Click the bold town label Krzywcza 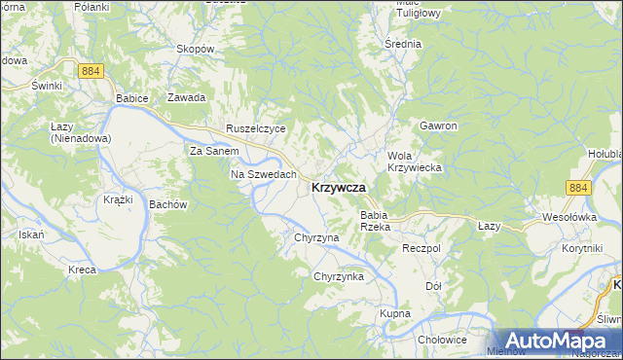pos(339,188)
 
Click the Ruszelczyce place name pos(255,127)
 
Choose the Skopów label pos(195,48)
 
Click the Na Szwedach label pos(263,174)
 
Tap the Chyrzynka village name pos(338,276)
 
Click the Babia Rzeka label pos(375,220)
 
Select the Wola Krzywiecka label pos(415,162)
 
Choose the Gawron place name pos(438,126)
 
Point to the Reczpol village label pos(421,249)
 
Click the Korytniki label pos(582,249)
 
